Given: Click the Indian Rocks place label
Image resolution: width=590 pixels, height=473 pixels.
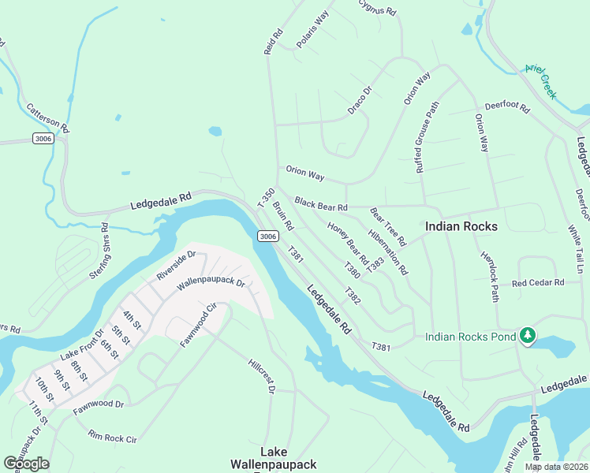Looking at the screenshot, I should [x=461, y=226].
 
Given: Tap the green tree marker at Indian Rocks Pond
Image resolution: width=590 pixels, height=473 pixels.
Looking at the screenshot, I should [x=527, y=337].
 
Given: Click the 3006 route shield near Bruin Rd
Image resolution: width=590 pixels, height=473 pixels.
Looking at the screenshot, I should [x=267, y=236].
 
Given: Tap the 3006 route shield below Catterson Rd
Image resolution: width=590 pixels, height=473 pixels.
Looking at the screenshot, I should [x=43, y=139].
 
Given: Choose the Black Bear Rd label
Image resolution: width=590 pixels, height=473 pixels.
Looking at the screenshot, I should [x=321, y=204].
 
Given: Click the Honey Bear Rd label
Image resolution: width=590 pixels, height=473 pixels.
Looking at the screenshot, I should [x=348, y=242].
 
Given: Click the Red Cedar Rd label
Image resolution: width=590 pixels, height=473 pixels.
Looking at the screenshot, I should [x=538, y=282].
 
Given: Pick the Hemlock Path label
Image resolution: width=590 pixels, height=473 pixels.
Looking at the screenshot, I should [x=490, y=276].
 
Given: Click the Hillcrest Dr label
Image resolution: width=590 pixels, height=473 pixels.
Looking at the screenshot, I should [x=260, y=378].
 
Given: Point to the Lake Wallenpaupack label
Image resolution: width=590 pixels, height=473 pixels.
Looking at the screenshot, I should [x=274, y=458].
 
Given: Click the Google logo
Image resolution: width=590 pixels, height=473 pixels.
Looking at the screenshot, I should [x=26, y=464].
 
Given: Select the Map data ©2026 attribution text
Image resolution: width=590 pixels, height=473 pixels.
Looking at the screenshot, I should [x=555, y=467].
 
